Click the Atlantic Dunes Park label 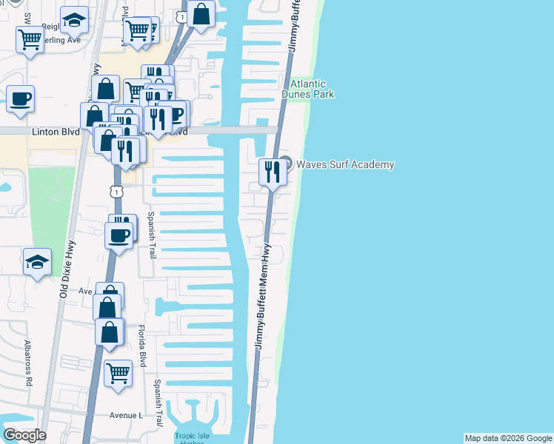click(x=307, y=89)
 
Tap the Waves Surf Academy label click(x=345, y=164)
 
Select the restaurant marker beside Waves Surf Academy click(x=273, y=172)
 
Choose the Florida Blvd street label click(x=144, y=343)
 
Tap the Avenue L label click(x=126, y=415)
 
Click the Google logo click(x=24, y=435)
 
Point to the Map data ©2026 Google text click(x=508, y=438)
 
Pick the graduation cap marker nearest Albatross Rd click(x=37, y=262)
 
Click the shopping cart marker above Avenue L click(x=118, y=374)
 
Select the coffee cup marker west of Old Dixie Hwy click(x=21, y=98)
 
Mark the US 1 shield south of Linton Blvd click(x=116, y=192)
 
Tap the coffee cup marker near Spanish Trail click(x=119, y=236)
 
